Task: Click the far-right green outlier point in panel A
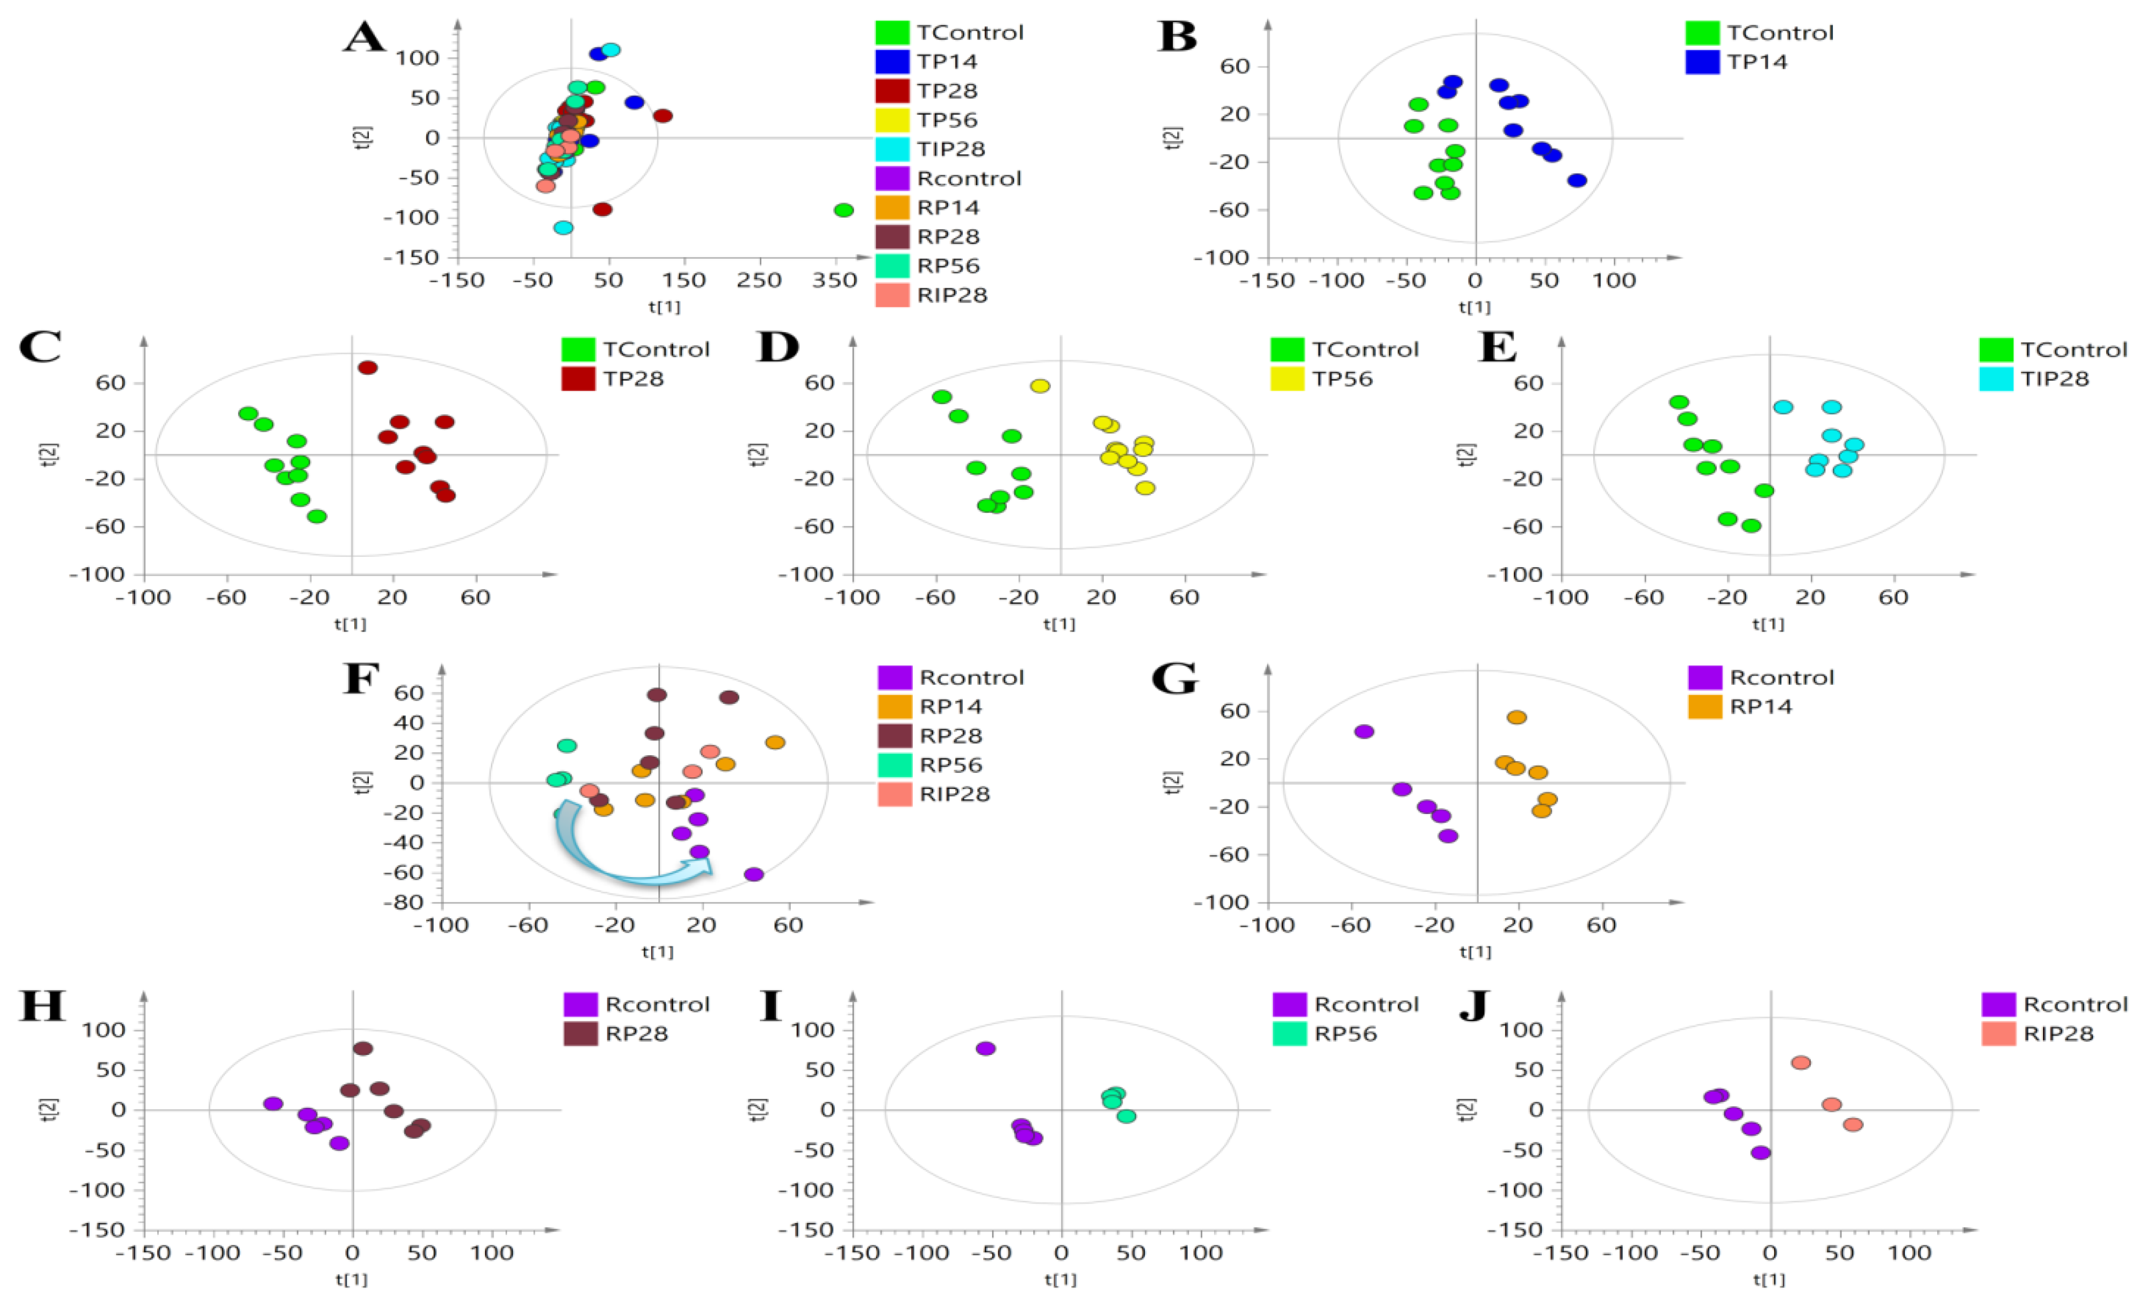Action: pyautogui.click(x=843, y=210)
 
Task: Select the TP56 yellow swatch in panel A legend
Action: pyautogui.click(x=892, y=119)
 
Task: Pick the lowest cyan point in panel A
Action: pyautogui.click(x=564, y=228)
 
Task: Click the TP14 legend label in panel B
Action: pyautogui.click(x=1757, y=62)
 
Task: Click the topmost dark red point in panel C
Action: pyautogui.click(x=368, y=368)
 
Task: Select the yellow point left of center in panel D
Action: pyautogui.click(x=1040, y=386)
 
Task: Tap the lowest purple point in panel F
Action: pyautogui.click(x=754, y=875)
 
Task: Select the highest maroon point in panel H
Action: pyautogui.click(x=363, y=1048)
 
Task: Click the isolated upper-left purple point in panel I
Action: pyautogui.click(x=986, y=1048)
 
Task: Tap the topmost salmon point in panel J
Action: pyautogui.click(x=1801, y=1063)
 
